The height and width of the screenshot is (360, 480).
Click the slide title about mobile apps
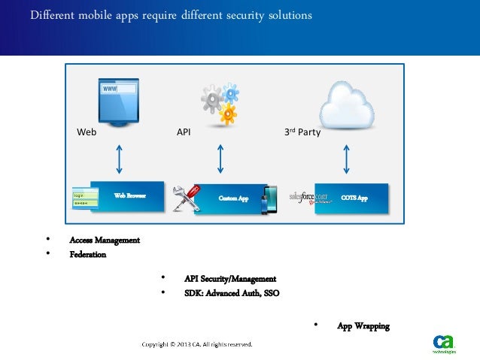(172, 15)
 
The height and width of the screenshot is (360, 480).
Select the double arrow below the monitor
(120, 158)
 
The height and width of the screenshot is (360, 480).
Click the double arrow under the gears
(220, 158)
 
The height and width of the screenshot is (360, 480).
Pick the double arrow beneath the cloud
(346, 158)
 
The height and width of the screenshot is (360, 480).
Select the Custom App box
(233, 198)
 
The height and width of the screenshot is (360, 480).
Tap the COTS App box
(354, 198)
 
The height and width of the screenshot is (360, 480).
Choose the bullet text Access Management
(105, 241)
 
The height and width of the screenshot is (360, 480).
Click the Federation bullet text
(87, 255)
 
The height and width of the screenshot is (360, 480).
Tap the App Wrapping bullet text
(363, 326)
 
